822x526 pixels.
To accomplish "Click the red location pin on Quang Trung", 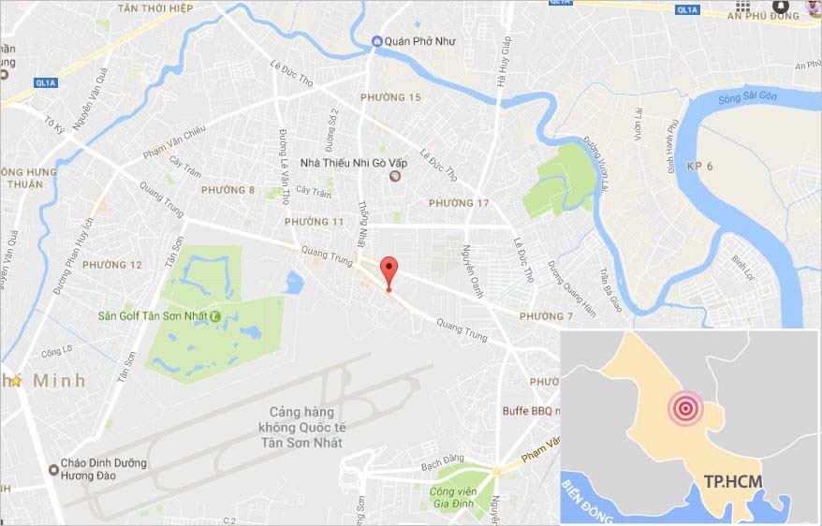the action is (389, 271).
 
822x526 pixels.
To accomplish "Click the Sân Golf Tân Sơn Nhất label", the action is (153, 315).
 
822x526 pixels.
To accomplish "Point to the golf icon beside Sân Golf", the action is (215, 315).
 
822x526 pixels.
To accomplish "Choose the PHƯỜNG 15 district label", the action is (391, 97).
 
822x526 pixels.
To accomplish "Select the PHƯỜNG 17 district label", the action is (459, 203).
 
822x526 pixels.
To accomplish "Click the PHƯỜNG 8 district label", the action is (227, 190).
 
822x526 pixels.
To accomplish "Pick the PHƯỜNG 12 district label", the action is (112, 265).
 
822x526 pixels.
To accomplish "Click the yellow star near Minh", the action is (15, 381).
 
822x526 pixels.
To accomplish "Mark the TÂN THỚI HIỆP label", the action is (154, 7).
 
